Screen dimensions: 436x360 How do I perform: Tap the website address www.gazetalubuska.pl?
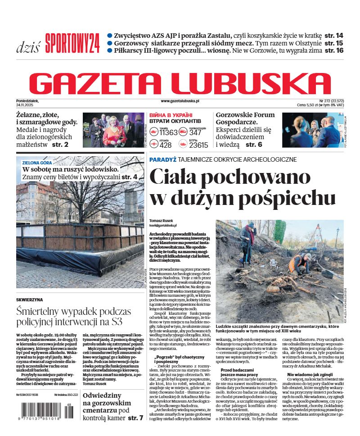(x=180, y=102)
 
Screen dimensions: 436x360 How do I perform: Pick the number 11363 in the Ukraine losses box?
(x=168, y=132)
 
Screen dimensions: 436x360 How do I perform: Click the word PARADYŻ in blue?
(x=162, y=159)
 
